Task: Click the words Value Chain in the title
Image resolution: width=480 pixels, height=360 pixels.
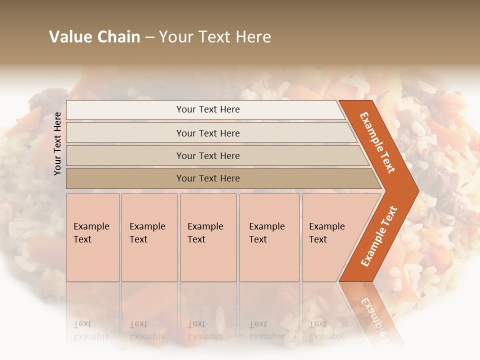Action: coord(94,37)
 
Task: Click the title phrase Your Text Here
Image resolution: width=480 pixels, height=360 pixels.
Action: coord(215,37)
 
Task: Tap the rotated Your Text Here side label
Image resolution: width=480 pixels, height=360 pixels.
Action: coord(57,143)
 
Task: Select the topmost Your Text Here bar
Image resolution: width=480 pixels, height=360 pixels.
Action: coord(207,109)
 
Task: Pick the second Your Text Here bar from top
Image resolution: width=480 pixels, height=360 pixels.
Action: coord(207,133)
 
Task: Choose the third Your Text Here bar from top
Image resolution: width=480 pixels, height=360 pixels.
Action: coord(207,155)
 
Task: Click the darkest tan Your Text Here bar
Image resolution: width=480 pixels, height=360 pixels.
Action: coord(207,178)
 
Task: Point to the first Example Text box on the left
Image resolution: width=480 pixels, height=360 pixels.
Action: coord(92,237)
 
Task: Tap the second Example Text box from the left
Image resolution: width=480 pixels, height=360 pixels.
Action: coord(149,237)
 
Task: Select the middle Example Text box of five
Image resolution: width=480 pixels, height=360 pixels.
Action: coord(208,237)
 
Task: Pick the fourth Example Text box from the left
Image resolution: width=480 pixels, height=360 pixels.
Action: coord(269,237)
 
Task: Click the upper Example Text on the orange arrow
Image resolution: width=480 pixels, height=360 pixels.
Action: coord(377,142)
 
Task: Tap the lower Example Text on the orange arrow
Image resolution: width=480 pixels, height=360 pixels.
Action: coord(378,236)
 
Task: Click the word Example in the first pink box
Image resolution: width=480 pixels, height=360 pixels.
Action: coord(91,226)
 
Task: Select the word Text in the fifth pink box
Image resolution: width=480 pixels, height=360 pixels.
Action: coord(317,239)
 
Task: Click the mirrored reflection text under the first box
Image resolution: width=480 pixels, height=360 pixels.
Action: coord(91,330)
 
